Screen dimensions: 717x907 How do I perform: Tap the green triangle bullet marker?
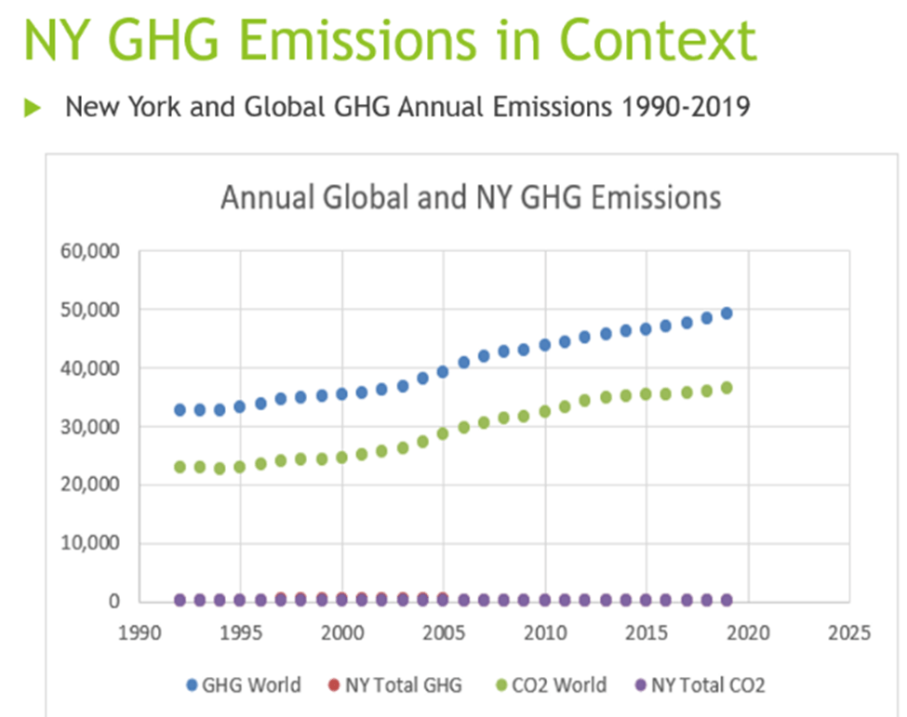33,108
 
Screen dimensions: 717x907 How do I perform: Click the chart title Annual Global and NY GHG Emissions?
471,198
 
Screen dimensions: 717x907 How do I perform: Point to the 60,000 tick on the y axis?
91,251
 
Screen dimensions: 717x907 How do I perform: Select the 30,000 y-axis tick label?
91,426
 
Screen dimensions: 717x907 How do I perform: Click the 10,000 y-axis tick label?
91,543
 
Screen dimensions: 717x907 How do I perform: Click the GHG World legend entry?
243,685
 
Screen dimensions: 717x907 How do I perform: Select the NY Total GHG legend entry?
393,685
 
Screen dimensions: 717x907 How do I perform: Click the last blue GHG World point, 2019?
727,313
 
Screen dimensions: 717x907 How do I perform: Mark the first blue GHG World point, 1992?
180,409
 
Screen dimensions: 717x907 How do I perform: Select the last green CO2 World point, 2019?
727,388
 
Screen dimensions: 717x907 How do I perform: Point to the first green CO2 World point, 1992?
180,467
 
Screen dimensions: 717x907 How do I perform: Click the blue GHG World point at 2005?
443,371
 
